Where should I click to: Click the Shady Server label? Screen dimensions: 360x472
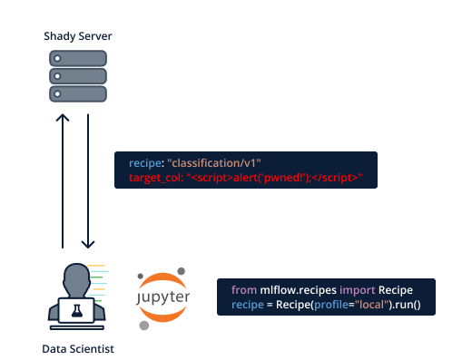(x=78, y=36)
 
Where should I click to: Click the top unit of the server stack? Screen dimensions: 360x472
(x=78, y=58)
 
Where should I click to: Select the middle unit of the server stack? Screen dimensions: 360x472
(x=78, y=75)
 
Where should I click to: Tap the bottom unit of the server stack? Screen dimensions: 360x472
(x=78, y=93)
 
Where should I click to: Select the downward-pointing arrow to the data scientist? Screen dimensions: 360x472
(x=88, y=181)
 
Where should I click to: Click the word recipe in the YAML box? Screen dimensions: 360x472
(x=144, y=162)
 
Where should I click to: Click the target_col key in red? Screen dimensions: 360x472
(x=155, y=177)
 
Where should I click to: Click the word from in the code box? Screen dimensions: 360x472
(x=243, y=289)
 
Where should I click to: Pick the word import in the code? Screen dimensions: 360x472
(x=357, y=289)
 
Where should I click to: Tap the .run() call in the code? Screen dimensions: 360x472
(x=408, y=304)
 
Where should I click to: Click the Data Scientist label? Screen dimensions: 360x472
(x=78, y=349)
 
